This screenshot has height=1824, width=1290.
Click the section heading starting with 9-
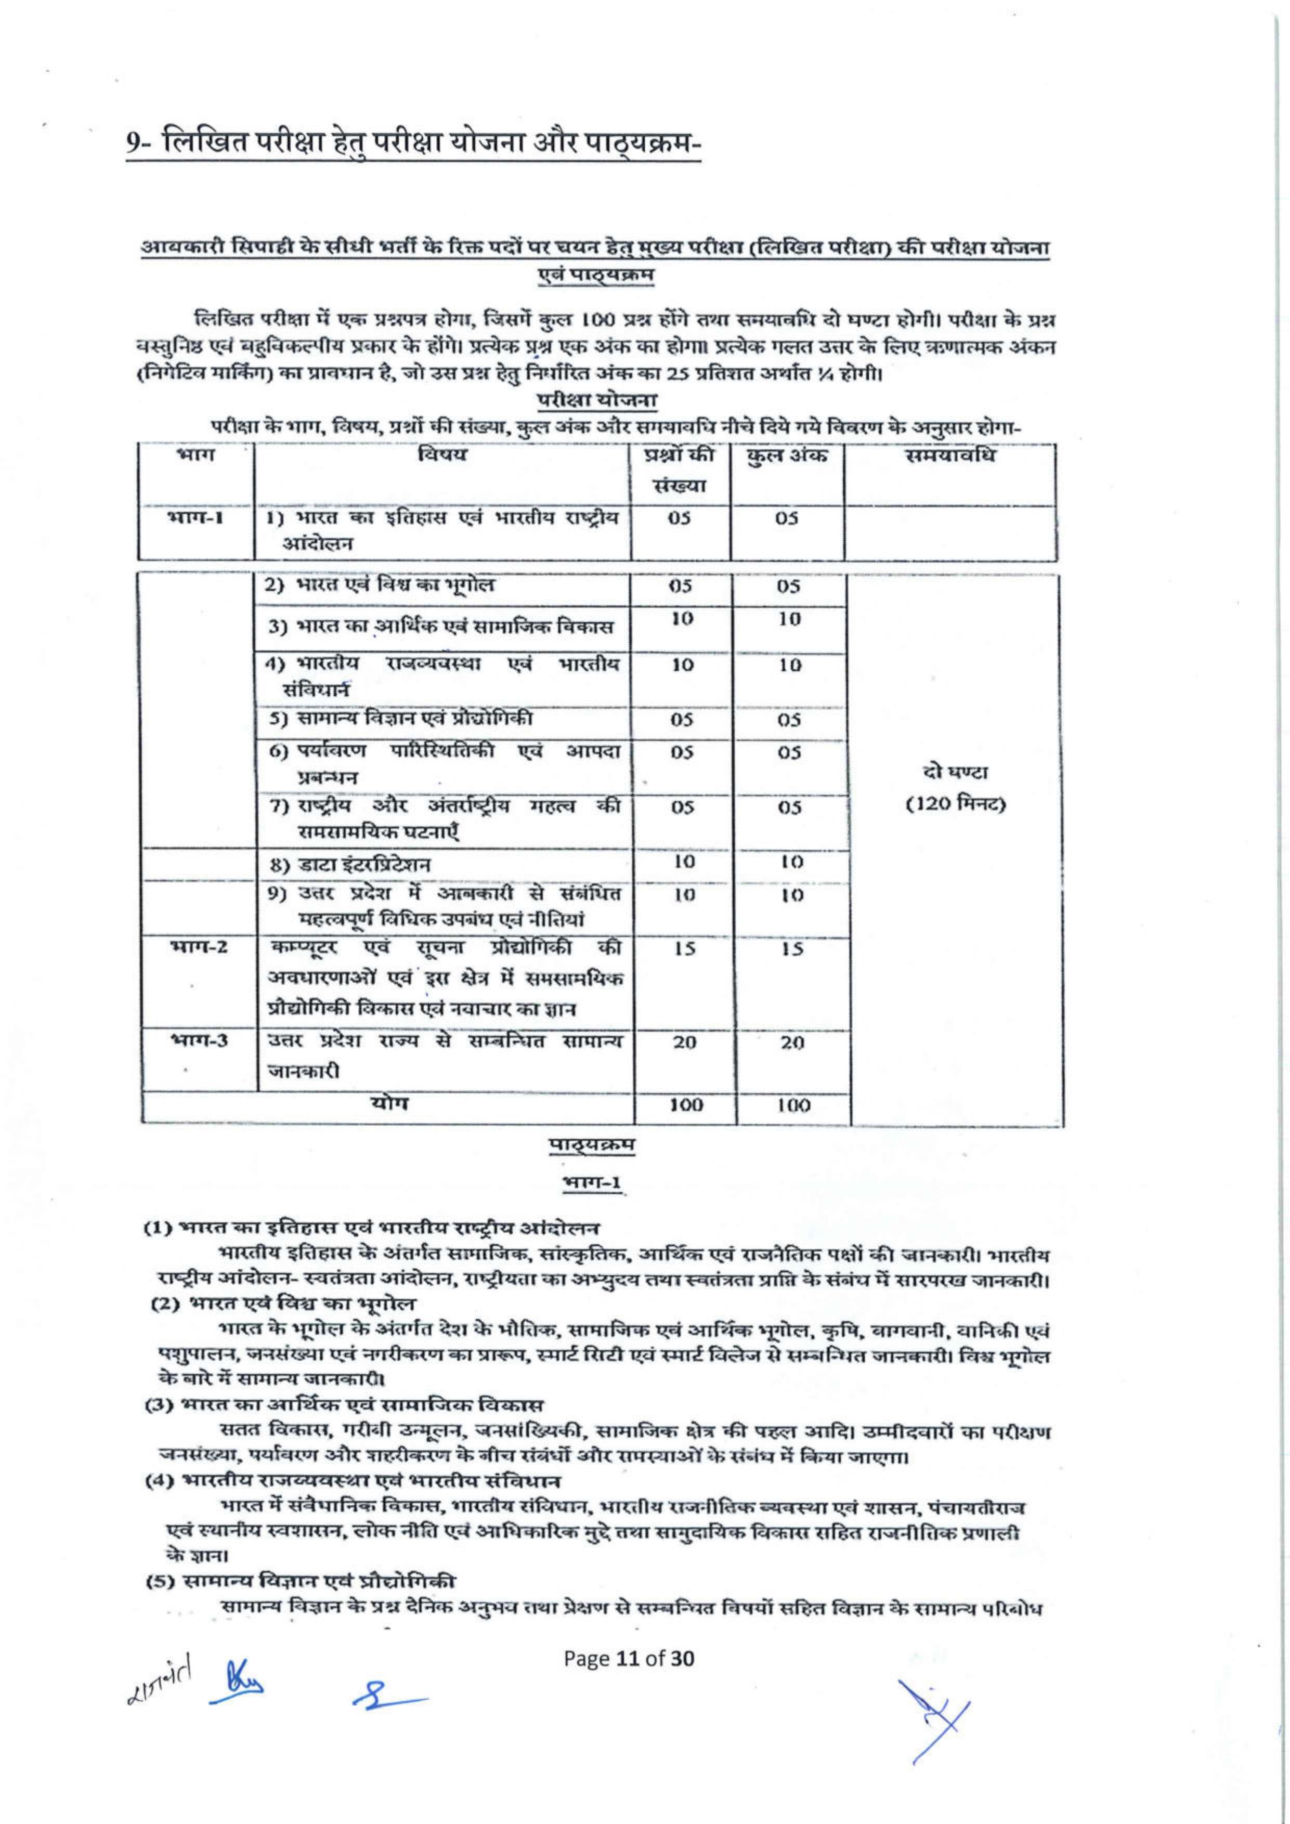click(413, 146)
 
